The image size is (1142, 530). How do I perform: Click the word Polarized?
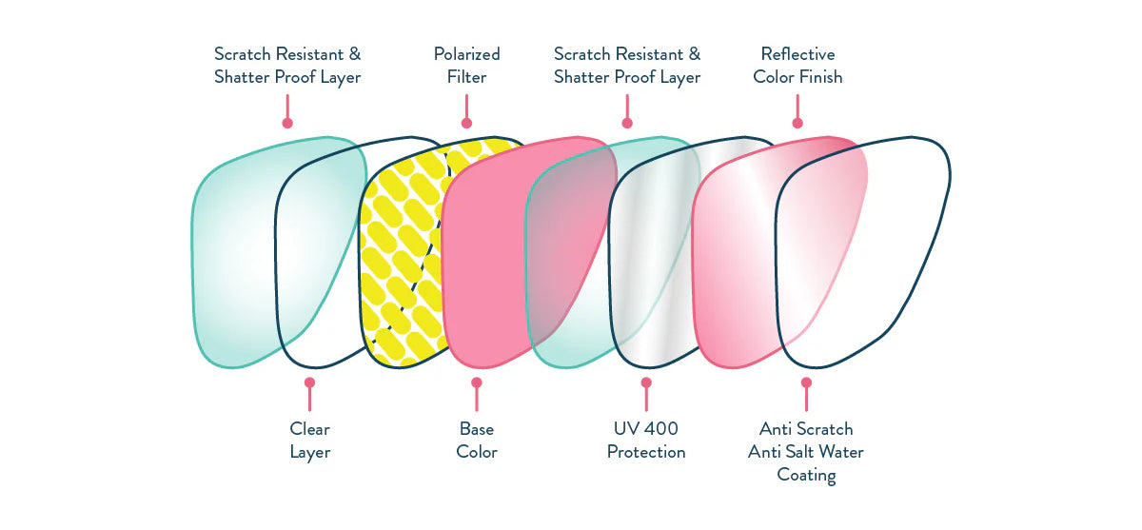[466, 54]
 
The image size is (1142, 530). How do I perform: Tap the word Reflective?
[797, 54]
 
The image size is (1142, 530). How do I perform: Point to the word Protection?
[646, 452]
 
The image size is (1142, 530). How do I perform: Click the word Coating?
[806, 475]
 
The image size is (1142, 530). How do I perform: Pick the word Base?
[477, 429]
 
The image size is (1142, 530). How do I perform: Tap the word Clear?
[309, 429]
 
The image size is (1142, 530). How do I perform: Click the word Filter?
[466, 77]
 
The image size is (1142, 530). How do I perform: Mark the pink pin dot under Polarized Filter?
[466, 123]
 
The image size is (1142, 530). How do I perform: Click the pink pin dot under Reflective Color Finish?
[797, 123]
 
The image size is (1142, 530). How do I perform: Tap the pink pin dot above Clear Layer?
[309, 382]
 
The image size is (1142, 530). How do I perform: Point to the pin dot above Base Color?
[477, 382]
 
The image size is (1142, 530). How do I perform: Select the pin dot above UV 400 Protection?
[646, 382]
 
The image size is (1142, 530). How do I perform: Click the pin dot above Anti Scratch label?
[806, 382]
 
